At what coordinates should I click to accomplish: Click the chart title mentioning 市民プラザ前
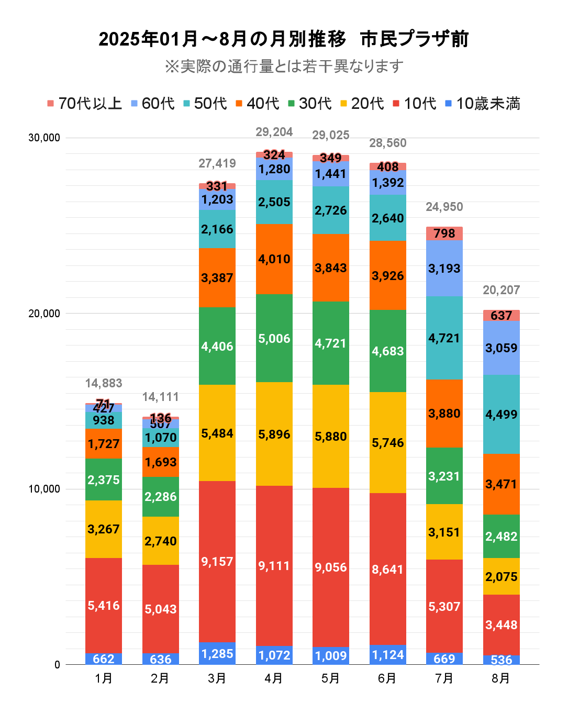pyautogui.click(x=283, y=39)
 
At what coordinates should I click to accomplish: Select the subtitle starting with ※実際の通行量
pyautogui.click(x=283, y=66)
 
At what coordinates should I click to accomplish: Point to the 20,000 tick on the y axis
pyautogui.click(x=44, y=314)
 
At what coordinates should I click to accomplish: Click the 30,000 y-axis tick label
pyautogui.click(x=44, y=138)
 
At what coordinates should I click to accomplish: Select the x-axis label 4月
pyautogui.click(x=274, y=678)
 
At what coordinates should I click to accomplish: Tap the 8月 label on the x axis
pyautogui.click(x=501, y=678)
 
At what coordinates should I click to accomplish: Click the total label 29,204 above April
pyautogui.click(x=274, y=132)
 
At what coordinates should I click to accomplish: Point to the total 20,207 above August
pyautogui.click(x=501, y=290)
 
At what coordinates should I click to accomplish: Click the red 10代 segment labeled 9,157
pyautogui.click(x=217, y=562)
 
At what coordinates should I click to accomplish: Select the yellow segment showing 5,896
pyautogui.click(x=274, y=434)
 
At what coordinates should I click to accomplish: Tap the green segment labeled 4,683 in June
pyautogui.click(x=387, y=351)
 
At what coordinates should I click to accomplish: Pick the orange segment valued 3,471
pyautogui.click(x=501, y=484)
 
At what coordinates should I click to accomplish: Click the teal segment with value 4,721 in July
pyautogui.click(x=444, y=338)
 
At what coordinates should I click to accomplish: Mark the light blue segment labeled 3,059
pyautogui.click(x=501, y=348)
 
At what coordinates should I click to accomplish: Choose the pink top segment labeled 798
pyautogui.click(x=444, y=233)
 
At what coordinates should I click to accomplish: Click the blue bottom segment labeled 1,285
pyautogui.click(x=217, y=654)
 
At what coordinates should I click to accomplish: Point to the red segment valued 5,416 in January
pyautogui.click(x=104, y=606)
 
